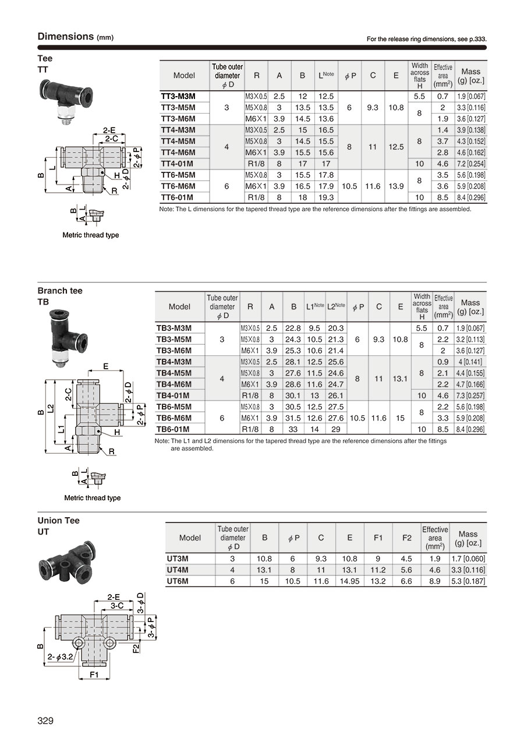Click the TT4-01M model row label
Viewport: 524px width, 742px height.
(x=177, y=164)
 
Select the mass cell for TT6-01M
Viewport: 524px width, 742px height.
(x=470, y=197)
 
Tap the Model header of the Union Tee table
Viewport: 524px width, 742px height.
(x=190, y=538)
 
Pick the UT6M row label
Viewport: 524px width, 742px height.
(x=178, y=581)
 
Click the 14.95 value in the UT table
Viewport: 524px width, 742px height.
(x=349, y=581)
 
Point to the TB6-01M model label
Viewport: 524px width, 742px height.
(x=172, y=429)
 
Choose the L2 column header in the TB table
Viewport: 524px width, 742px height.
(x=336, y=306)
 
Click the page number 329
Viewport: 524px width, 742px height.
(x=45, y=721)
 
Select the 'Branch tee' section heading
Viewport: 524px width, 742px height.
(x=60, y=291)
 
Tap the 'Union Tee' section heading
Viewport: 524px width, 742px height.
(x=59, y=521)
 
